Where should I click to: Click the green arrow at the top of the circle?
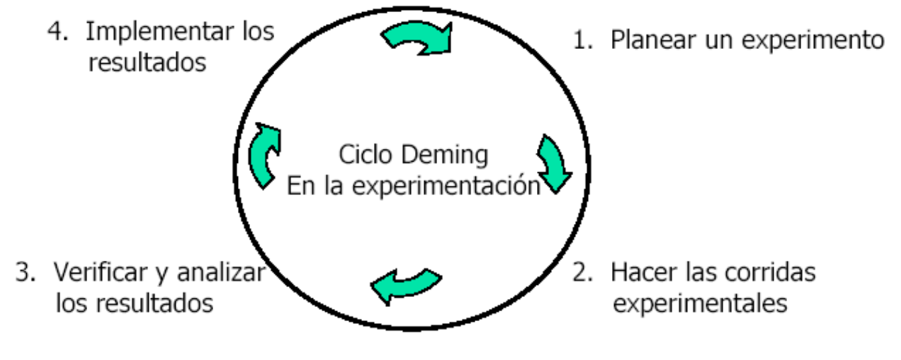coord(418,39)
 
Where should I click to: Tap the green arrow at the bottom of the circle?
coord(406,284)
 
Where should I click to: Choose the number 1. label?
coord(581,40)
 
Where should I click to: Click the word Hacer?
coord(641,273)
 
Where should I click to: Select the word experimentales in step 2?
coord(700,303)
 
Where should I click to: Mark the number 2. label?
coord(581,274)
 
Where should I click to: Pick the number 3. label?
coord(25,274)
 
